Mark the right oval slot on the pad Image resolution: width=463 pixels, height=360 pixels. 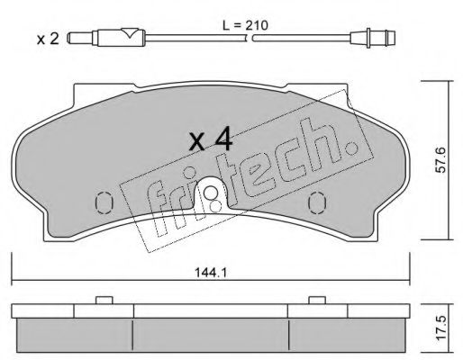(x=318, y=201)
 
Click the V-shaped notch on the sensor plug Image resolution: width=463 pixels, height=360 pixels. (x=132, y=35)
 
